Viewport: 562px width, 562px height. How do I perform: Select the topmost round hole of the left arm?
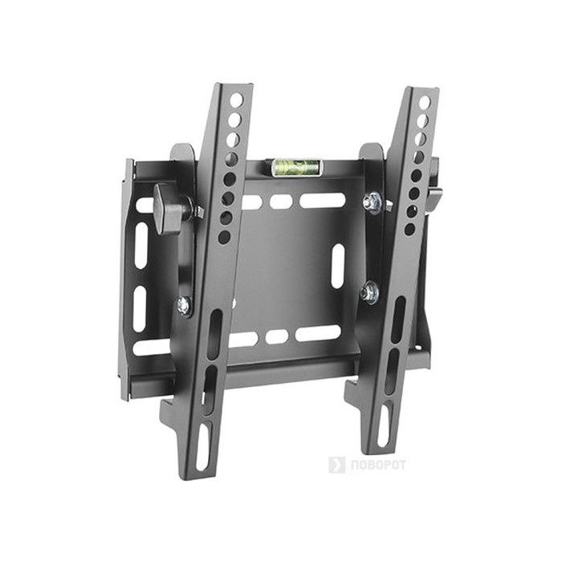tap(237, 100)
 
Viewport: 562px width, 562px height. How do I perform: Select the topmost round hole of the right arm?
tap(425, 103)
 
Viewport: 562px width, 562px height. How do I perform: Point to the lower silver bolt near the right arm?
tap(370, 291)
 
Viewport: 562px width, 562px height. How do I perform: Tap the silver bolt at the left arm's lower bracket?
tap(184, 305)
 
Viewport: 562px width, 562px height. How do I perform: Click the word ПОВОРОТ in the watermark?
tap(378, 465)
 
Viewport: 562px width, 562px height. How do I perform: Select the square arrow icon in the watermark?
tap(336, 465)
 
